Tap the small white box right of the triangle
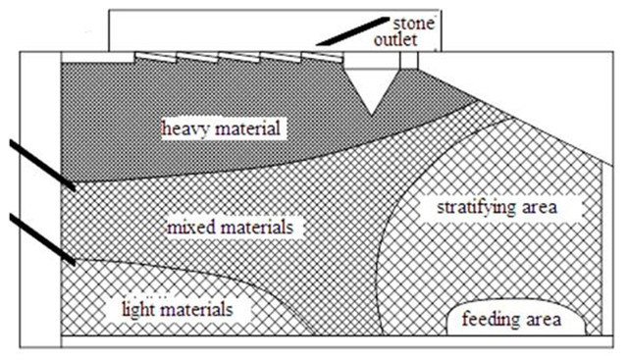click(x=410, y=59)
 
